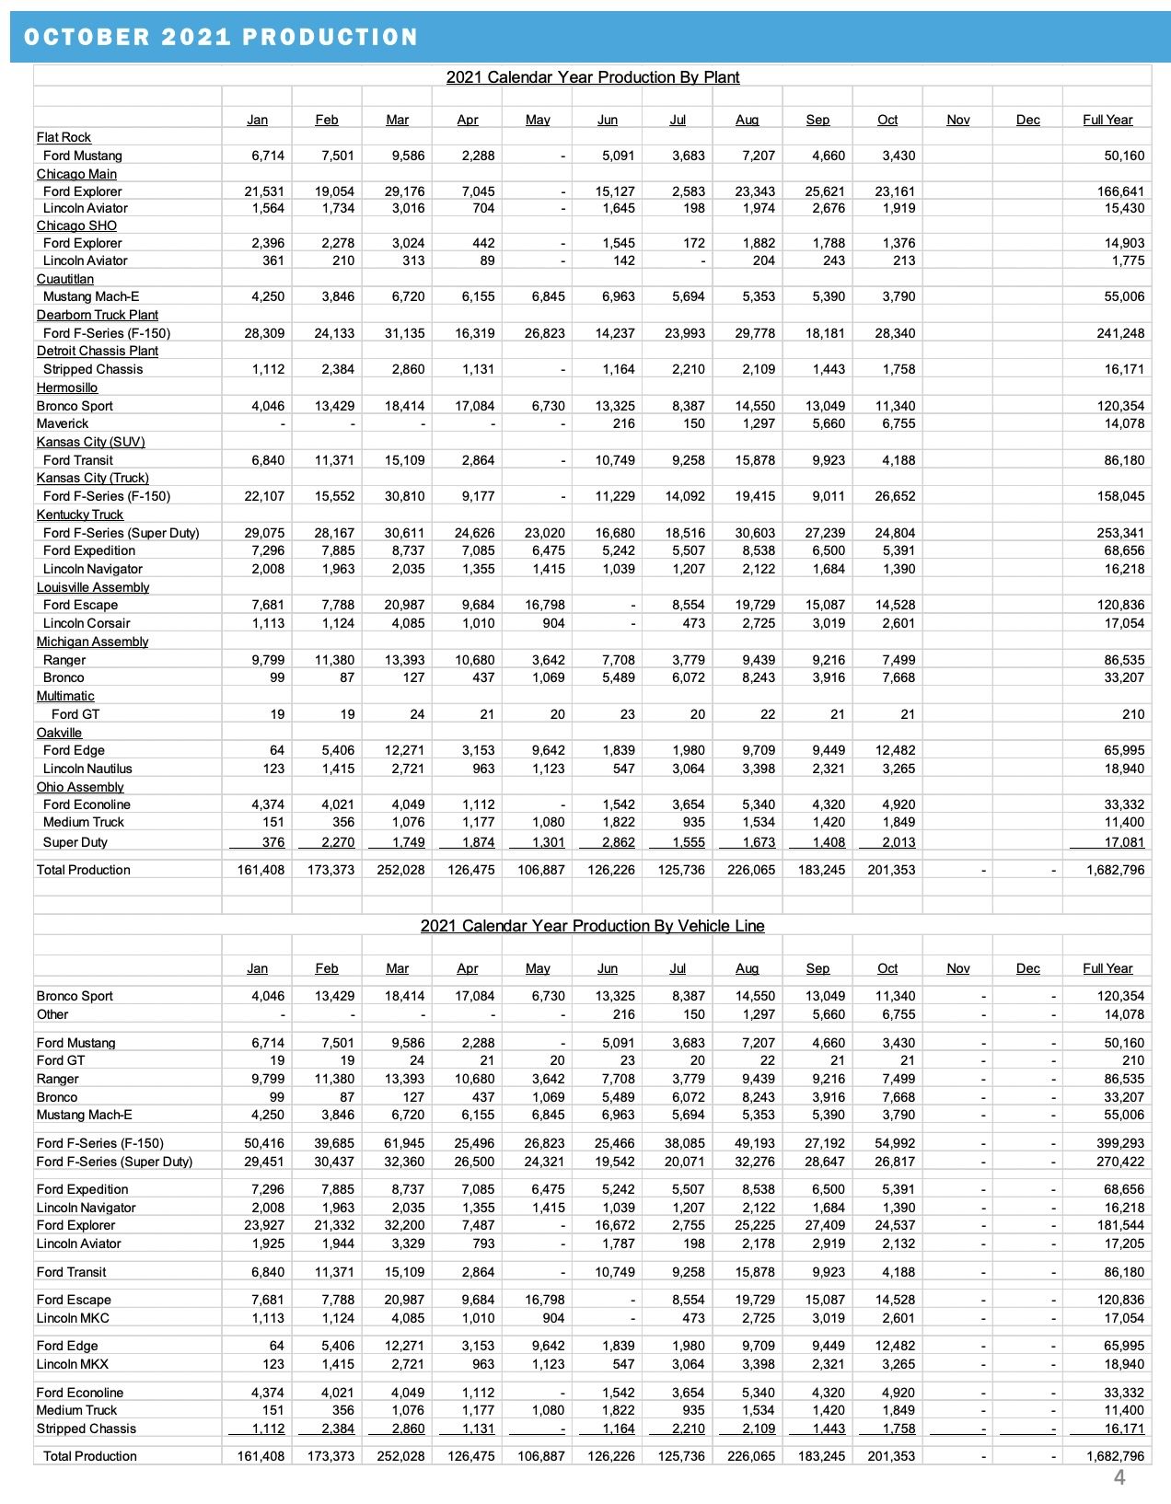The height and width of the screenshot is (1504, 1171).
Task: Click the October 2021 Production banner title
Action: coord(221,37)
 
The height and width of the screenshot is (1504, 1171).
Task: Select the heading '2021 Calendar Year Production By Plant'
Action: coord(592,77)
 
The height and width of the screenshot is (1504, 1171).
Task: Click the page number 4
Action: coord(1119,1478)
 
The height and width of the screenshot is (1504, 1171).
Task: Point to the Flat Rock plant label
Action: coord(64,137)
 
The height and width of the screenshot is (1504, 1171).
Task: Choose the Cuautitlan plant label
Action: coord(65,279)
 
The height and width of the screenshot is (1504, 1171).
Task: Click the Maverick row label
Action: coord(63,423)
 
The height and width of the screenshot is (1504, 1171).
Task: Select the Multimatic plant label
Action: coord(65,696)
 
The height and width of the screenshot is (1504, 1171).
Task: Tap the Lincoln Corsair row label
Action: coord(87,623)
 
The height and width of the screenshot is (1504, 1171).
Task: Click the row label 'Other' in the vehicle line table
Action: coord(52,1014)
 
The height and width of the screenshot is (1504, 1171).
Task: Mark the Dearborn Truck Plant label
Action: coord(98,315)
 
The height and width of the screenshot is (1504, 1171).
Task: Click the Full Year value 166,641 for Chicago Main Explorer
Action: coord(1120,191)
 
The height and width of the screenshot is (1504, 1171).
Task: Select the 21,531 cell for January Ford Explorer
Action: coord(264,191)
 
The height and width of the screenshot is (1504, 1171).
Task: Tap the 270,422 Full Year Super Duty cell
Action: coord(1120,1162)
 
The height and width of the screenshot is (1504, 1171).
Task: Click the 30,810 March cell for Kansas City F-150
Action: coord(404,496)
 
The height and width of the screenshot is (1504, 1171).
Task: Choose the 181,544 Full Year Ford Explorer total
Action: coord(1120,1225)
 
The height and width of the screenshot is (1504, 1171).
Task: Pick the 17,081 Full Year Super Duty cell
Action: coord(1124,842)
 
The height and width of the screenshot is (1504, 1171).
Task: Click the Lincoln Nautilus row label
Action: coord(87,769)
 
